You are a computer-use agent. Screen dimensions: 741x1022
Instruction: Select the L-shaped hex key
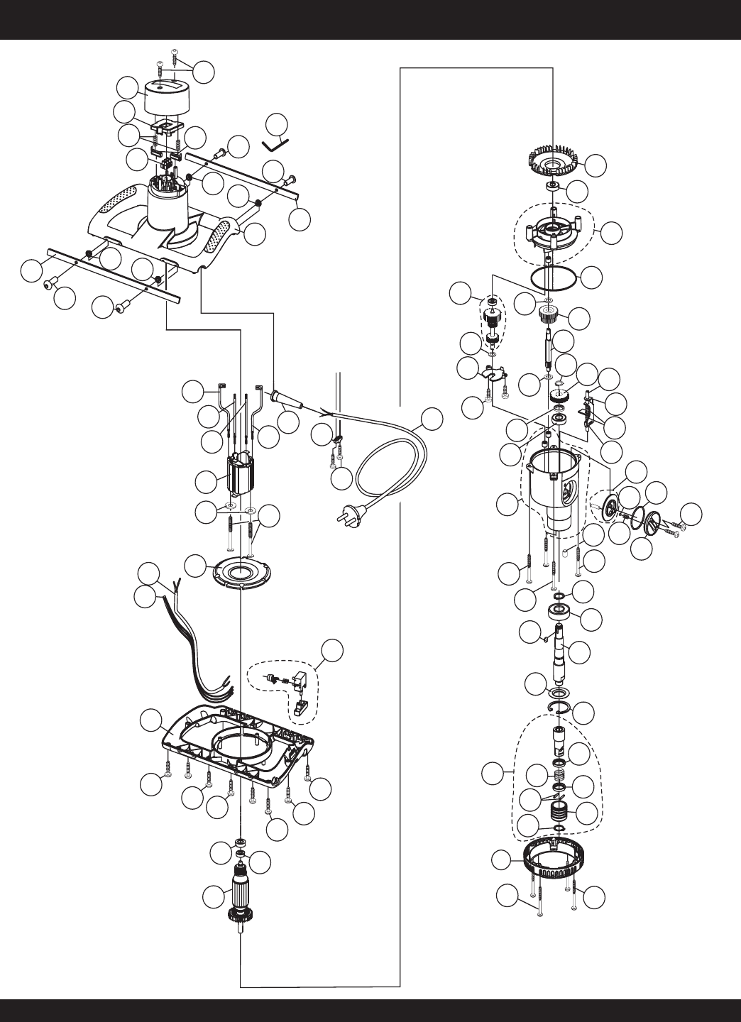[275, 143]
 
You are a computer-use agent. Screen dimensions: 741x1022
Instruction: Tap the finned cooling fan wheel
[554, 163]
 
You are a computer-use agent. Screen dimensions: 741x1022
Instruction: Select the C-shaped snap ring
[558, 710]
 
